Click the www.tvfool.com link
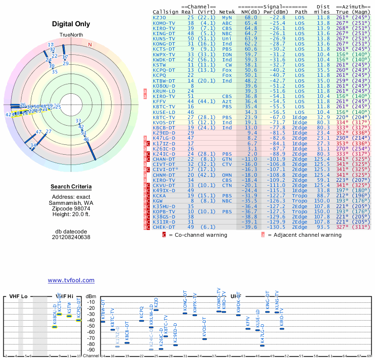click(x=71, y=280)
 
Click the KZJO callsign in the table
click(x=159, y=17)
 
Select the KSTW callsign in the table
click(x=159, y=65)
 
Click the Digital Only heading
click(x=71, y=24)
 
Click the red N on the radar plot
click(x=90, y=45)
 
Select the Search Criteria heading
click(x=71, y=187)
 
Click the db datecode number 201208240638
click(x=71, y=237)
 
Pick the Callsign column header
click(x=165, y=12)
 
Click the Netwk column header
click(x=227, y=12)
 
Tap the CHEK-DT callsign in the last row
click(x=164, y=227)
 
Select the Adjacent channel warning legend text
click(x=305, y=235)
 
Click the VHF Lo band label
click(x=18, y=297)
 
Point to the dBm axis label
click(x=91, y=297)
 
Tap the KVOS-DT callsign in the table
click(x=164, y=123)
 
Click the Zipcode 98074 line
click(x=71, y=208)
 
